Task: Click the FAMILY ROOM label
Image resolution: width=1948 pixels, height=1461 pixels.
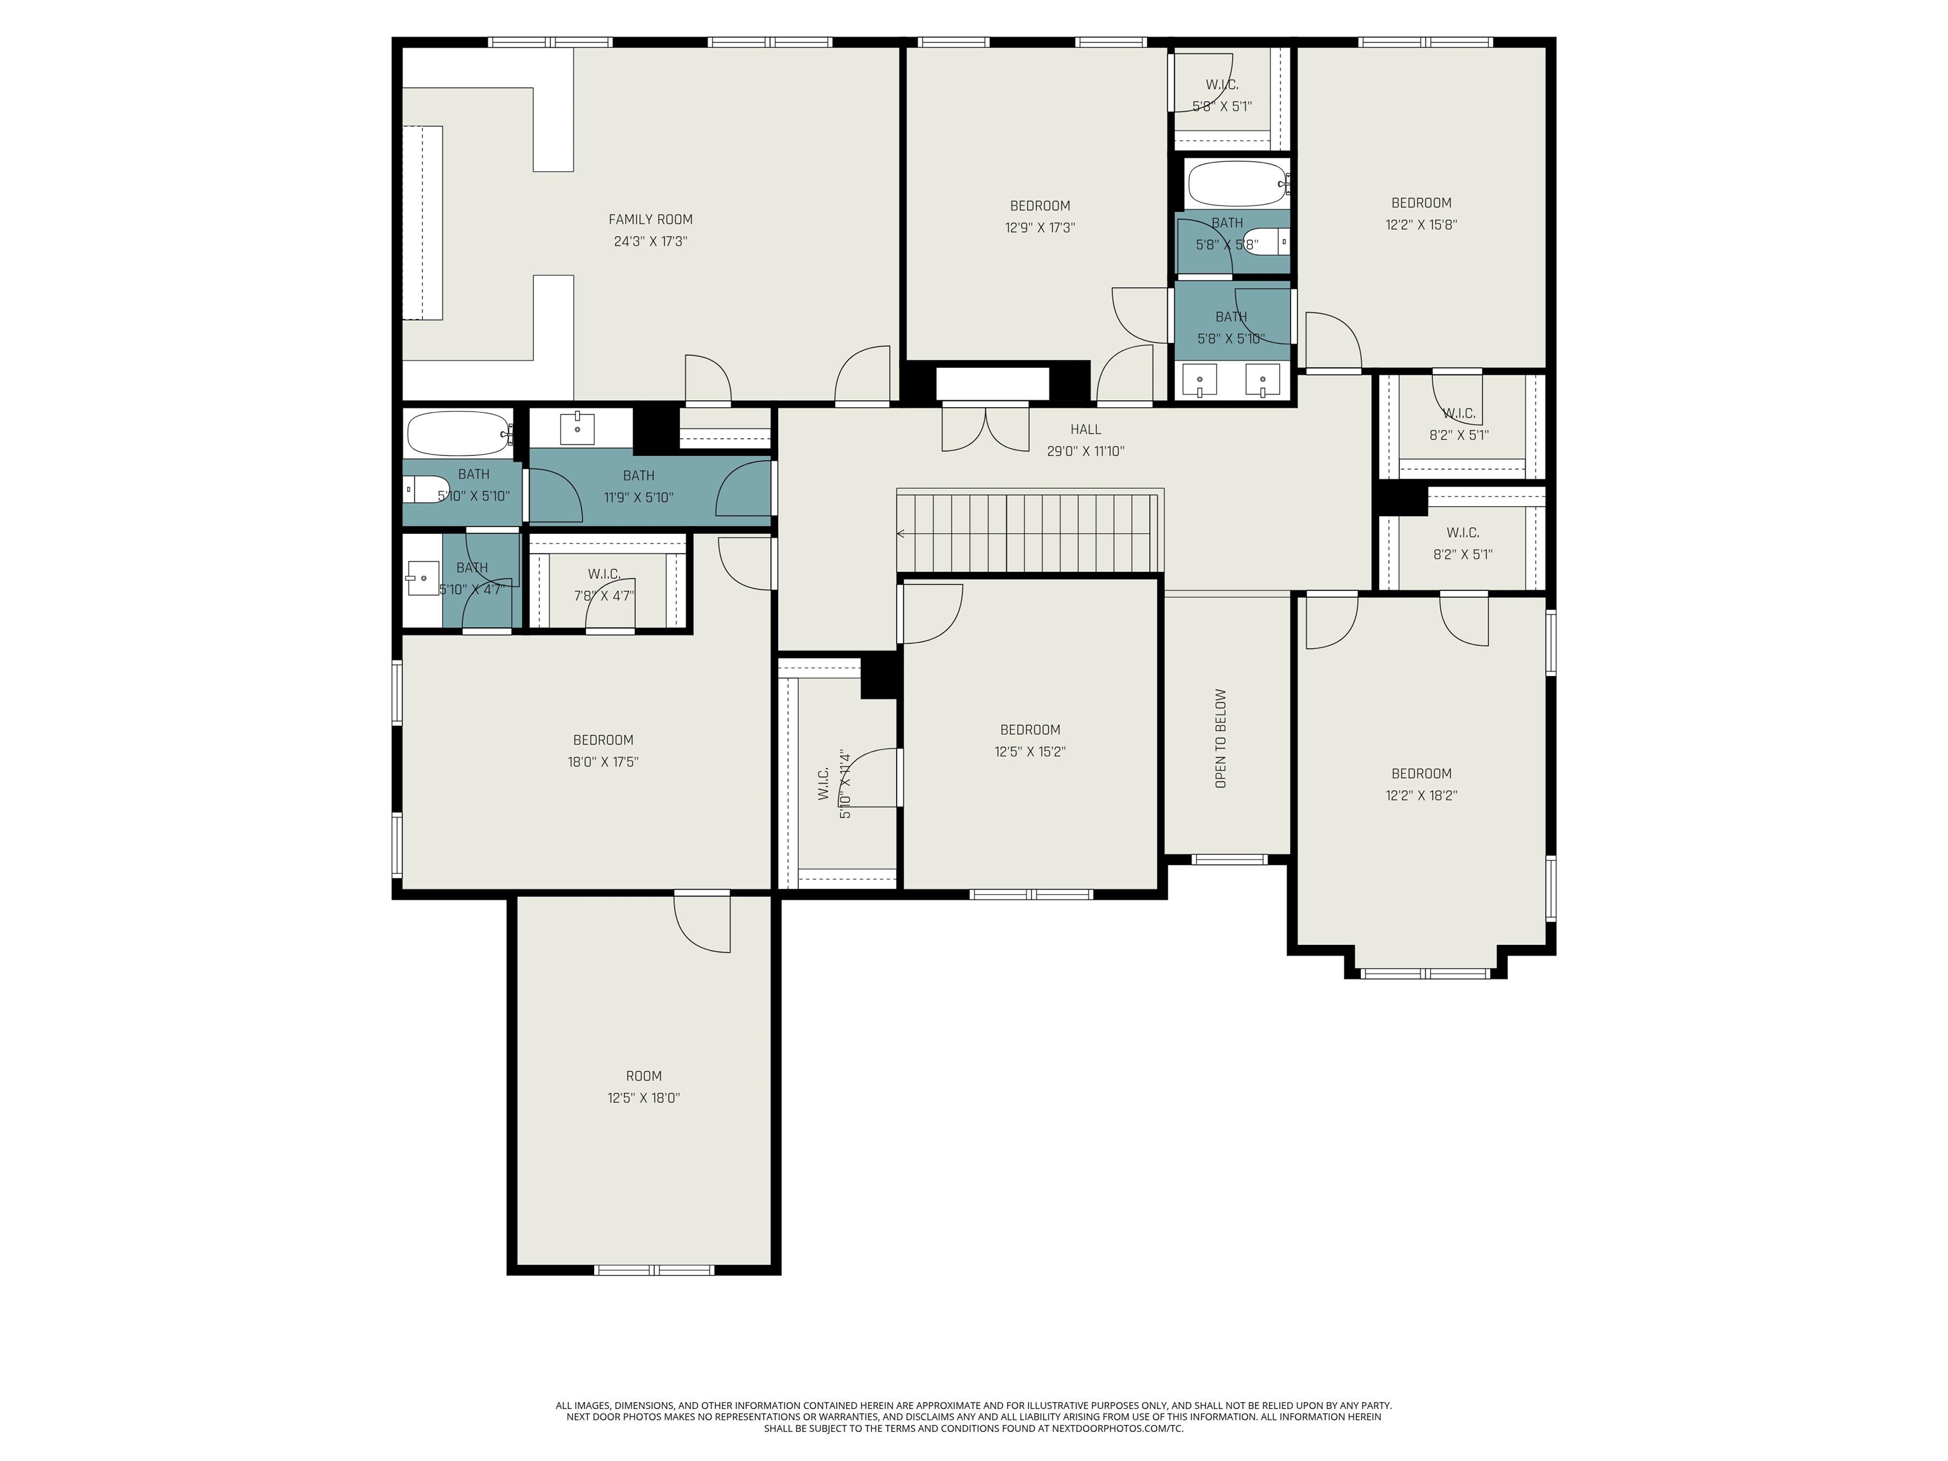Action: (650, 219)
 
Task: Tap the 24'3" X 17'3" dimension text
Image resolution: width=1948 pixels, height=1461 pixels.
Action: (650, 242)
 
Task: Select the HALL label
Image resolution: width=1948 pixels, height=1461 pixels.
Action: (1085, 430)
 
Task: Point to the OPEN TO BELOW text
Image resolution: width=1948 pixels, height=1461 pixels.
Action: (1221, 738)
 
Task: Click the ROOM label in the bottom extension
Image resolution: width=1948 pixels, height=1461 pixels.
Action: (644, 1076)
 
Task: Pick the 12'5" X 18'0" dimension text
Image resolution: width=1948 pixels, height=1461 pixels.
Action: (644, 1098)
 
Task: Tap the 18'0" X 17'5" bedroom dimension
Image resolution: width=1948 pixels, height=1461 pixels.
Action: (603, 762)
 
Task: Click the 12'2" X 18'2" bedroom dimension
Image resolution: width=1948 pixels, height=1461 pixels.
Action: (1422, 795)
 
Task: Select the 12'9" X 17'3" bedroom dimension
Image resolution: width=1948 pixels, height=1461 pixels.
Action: (1040, 227)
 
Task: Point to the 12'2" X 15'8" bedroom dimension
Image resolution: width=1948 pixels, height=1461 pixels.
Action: (1422, 224)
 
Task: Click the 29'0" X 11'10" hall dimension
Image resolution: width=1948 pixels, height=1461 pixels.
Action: (1085, 451)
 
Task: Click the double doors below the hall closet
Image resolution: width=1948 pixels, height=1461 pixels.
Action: (985, 427)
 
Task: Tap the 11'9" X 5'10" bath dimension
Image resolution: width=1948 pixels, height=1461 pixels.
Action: (639, 498)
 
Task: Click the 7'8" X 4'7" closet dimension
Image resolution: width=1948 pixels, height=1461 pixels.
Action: (604, 595)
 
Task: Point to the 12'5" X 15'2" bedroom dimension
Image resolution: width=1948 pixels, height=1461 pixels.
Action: (1029, 752)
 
